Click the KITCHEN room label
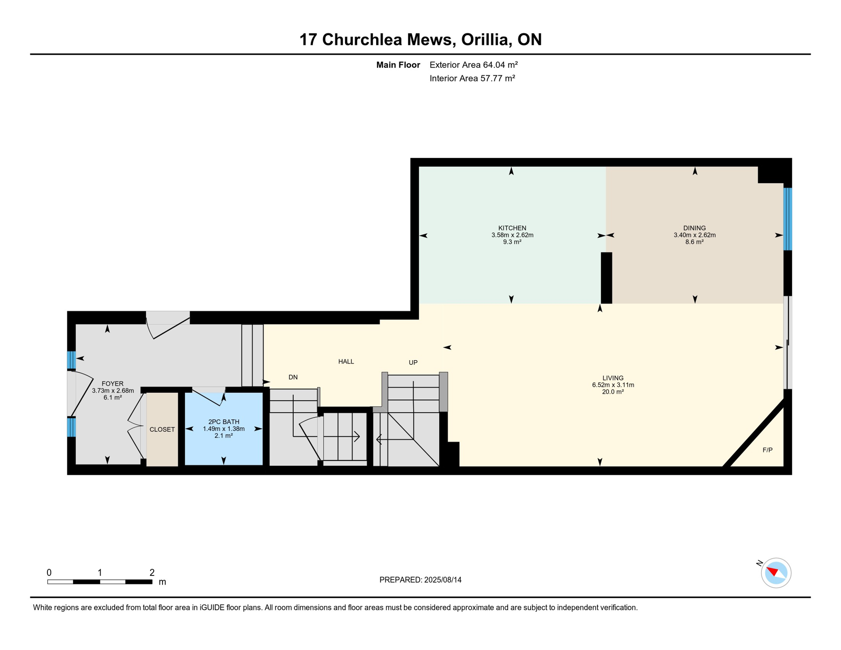[512, 228]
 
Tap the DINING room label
[694, 228]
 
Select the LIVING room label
[613, 378]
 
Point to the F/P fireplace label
[767, 450]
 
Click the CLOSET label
[162, 430]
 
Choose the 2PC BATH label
[223, 422]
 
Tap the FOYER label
[113, 384]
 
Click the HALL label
[346, 361]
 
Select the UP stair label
[413, 363]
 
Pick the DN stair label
[293, 377]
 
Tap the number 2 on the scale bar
[152, 573]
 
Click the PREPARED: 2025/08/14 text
[420, 580]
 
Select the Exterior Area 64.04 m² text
[473, 65]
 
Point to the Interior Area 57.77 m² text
[472, 78]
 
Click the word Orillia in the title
[486, 39]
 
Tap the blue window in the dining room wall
[787, 219]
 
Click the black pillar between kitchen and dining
[606, 278]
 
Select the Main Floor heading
[398, 65]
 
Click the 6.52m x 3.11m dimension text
[613, 385]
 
